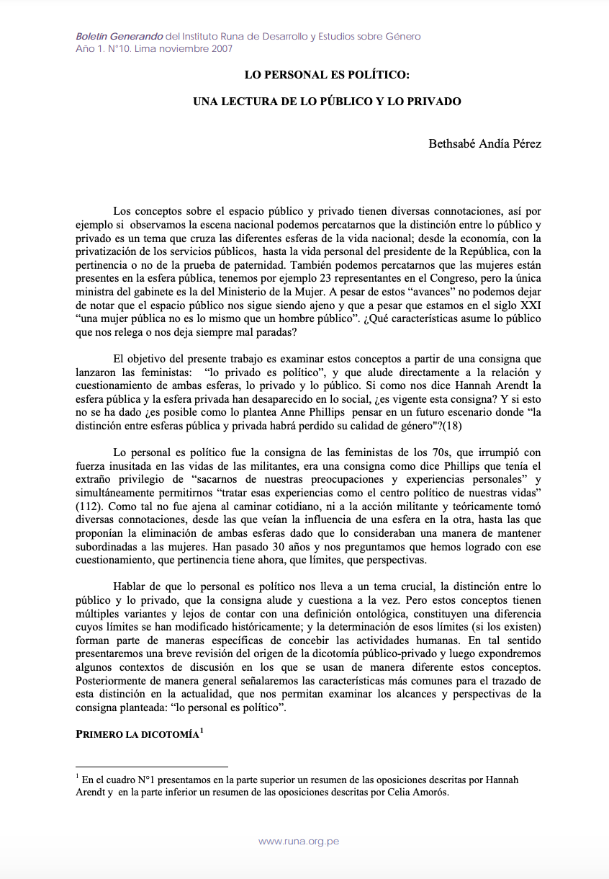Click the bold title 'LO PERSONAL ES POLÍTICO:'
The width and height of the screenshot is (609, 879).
(327, 74)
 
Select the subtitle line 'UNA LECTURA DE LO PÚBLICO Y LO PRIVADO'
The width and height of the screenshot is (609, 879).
(327, 102)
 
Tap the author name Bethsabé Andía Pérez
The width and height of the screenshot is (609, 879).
(484, 143)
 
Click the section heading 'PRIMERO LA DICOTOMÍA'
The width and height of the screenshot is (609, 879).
(136, 733)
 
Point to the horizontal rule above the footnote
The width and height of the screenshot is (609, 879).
(151, 767)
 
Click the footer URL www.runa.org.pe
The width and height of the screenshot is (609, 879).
(299, 842)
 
